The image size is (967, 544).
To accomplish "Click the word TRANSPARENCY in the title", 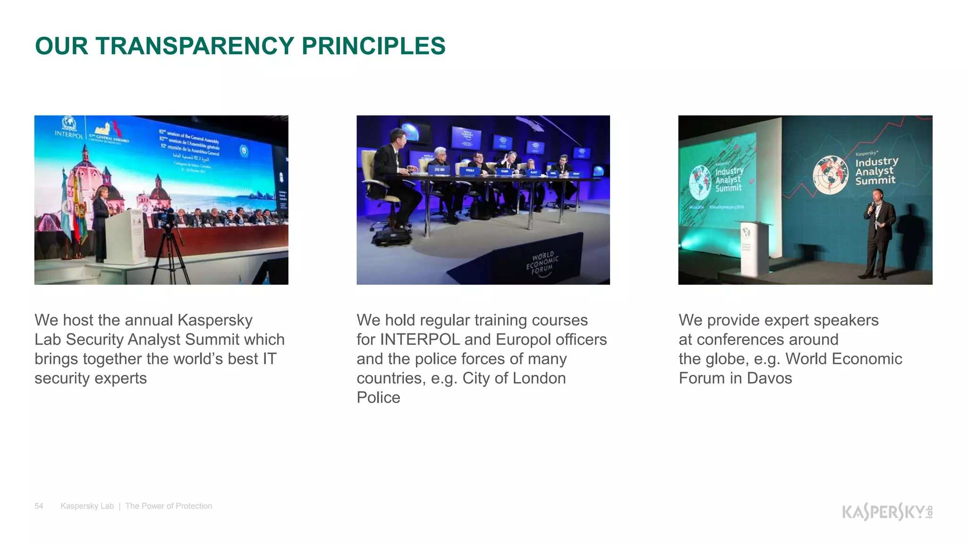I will [195, 46].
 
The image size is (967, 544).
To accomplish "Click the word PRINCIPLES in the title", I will [373, 46].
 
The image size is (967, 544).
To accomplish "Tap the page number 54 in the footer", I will [39, 506].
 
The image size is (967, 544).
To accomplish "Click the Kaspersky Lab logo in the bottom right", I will [887, 511].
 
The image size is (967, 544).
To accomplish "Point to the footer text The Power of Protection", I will [169, 506].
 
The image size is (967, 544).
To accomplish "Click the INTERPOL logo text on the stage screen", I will [69, 135].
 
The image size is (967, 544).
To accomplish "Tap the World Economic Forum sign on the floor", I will [542, 263].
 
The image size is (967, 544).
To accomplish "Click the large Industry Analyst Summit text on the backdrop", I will [876, 170].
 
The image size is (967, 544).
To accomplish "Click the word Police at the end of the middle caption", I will [378, 398].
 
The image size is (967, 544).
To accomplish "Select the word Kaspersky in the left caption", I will [215, 320].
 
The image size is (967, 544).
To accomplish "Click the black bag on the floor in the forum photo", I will [391, 237].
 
